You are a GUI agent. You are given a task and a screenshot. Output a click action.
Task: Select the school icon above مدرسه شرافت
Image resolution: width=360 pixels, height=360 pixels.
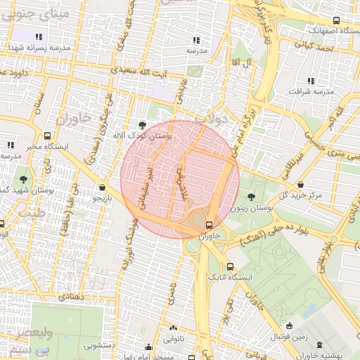[311, 81]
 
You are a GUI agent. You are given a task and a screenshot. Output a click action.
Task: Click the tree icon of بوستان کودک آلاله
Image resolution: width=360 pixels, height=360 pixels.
[143, 125]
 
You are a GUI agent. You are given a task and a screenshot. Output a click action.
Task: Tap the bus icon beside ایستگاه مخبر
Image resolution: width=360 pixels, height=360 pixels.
[47, 136]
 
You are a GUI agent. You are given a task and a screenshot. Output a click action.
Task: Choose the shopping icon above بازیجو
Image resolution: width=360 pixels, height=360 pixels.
[103, 188]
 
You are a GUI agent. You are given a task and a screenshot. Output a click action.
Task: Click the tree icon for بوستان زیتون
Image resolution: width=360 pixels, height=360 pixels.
[252, 198]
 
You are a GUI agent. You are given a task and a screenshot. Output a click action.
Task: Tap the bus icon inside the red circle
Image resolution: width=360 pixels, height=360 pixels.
[208, 225]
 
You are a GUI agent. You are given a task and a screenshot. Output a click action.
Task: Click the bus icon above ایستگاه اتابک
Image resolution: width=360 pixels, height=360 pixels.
[231, 266]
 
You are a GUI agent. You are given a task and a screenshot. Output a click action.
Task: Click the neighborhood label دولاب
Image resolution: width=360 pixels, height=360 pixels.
[212, 120]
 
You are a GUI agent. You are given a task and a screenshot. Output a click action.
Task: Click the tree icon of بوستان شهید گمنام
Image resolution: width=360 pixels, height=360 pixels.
[25, 179]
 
